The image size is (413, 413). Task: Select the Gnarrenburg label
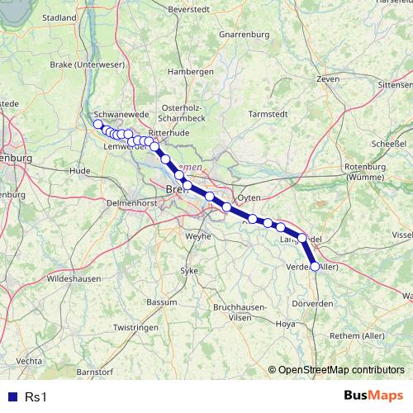click(x=246, y=35)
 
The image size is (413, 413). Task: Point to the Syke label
click(x=190, y=271)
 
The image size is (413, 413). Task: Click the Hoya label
click(x=285, y=324)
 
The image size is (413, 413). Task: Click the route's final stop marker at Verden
click(x=314, y=266)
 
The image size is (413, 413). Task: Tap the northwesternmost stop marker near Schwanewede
click(x=97, y=124)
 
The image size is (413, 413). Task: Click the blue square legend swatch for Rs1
click(x=12, y=396)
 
